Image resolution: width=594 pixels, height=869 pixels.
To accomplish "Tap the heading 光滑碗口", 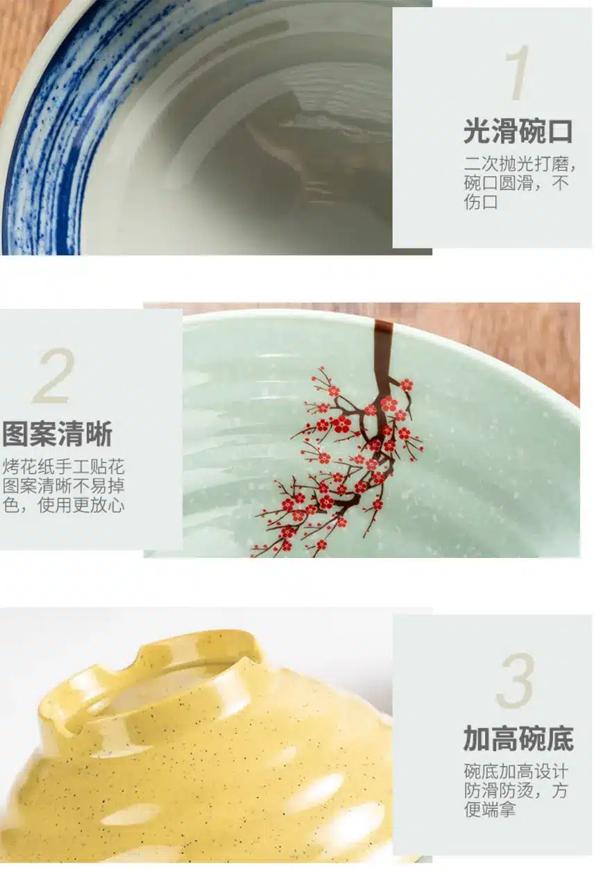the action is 518,131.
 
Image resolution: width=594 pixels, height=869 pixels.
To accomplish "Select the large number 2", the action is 53,376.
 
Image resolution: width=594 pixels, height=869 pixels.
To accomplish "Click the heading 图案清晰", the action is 58,434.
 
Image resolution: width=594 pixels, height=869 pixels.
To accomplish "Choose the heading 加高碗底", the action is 518,739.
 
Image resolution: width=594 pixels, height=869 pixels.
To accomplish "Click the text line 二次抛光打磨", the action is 520,164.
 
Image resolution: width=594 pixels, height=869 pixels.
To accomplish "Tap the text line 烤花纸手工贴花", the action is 64,466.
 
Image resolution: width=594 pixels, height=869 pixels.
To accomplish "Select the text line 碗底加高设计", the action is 516,771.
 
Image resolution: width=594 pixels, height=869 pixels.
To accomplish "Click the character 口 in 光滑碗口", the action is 559,131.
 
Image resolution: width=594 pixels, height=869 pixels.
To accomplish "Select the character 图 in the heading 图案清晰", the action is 15,434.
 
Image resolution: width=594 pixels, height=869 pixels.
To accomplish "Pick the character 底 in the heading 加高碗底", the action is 560,739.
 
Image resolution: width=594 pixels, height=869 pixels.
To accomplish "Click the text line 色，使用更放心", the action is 64,505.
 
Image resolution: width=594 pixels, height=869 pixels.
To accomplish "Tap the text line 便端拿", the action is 490,809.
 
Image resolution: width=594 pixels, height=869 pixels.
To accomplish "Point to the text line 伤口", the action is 481,202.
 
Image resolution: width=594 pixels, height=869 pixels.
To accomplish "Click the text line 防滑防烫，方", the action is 516,791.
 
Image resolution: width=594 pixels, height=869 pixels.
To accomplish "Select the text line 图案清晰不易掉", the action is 64,486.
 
